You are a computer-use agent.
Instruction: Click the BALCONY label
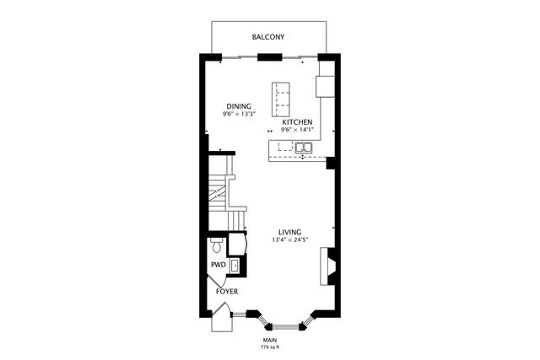[268, 37]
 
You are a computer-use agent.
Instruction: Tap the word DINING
[239, 106]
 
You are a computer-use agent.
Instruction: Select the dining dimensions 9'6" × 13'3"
[239, 114]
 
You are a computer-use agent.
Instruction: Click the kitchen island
[280, 100]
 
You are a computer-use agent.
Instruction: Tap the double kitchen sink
[303, 149]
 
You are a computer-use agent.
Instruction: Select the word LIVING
[290, 232]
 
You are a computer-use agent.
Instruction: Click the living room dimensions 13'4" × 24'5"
[290, 240]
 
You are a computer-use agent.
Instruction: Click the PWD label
[218, 265]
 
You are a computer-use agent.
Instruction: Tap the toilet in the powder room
[218, 246]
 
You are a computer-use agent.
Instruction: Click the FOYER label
[226, 292]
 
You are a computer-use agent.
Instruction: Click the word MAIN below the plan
[269, 340]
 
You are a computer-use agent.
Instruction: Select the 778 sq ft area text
[269, 347]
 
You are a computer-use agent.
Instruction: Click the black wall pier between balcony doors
[269, 57]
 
